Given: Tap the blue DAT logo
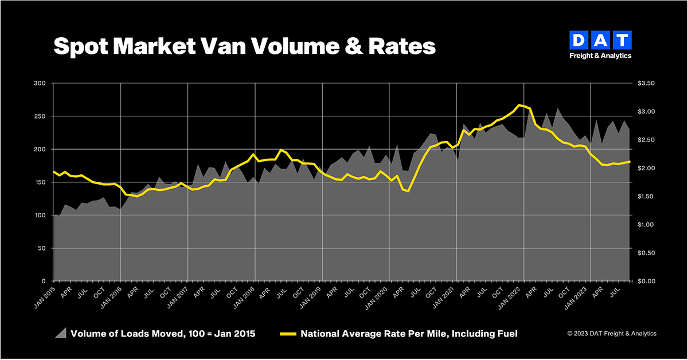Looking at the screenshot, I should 600,41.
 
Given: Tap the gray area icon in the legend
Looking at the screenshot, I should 60,333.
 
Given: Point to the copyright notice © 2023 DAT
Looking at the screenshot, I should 612,334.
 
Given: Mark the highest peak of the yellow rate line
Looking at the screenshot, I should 519,105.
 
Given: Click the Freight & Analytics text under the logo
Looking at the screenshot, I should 600,56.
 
